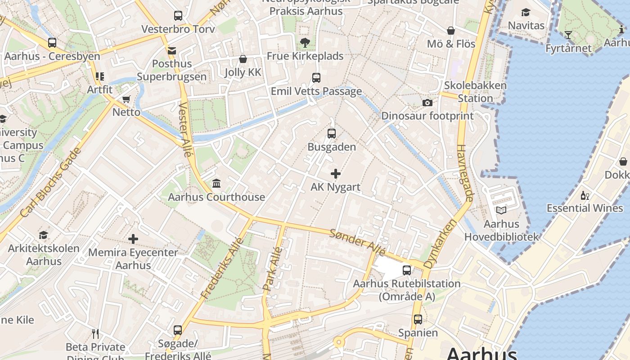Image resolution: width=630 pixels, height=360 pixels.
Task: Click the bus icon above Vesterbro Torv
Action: click(178, 16)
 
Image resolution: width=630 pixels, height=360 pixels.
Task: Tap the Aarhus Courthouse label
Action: click(216, 197)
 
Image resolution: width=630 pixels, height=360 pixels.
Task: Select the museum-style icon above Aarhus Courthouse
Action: click(216, 183)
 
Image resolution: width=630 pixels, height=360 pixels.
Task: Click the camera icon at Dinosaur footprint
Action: click(427, 103)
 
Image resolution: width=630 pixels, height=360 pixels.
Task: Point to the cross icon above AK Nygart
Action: click(336, 174)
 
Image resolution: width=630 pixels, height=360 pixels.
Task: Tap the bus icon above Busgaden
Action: click(332, 133)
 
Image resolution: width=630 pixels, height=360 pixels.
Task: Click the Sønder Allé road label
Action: click(351, 242)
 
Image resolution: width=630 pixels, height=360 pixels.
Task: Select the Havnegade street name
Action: click(465, 173)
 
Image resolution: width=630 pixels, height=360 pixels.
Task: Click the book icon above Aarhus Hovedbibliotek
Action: click(501, 210)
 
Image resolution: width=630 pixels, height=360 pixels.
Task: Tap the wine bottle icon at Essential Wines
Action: click(585, 195)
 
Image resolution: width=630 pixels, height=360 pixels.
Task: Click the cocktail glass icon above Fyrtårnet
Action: click(568, 35)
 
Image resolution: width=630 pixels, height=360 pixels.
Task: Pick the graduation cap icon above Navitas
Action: click(526, 12)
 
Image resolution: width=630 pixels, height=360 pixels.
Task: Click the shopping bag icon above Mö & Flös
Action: click(451, 31)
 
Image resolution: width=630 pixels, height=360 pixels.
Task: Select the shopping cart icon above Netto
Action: click(126, 99)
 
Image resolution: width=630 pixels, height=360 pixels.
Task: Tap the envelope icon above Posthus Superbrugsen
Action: click(172, 50)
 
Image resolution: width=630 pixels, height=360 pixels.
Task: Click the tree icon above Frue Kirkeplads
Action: click(305, 43)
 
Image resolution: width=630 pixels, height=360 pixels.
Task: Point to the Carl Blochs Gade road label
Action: click(51, 189)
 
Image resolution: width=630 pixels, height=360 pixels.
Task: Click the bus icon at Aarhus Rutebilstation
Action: click(407, 270)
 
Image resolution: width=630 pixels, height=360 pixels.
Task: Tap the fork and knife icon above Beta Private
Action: click(95, 333)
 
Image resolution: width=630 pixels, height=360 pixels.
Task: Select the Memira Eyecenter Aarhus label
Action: click(133, 258)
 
